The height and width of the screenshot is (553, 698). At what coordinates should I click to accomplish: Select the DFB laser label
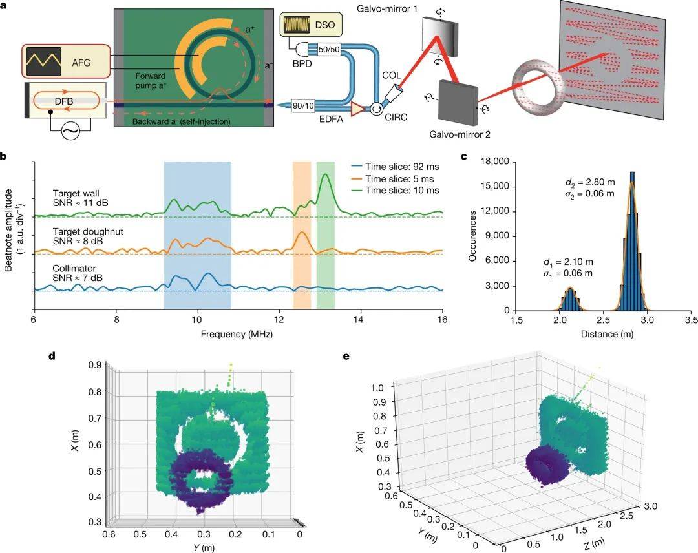point(63,100)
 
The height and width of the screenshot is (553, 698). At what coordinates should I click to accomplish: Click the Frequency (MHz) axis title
point(238,334)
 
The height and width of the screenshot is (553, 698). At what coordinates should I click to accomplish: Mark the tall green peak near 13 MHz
point(326,175)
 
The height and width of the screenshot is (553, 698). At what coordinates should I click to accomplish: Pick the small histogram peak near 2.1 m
point(570,298)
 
